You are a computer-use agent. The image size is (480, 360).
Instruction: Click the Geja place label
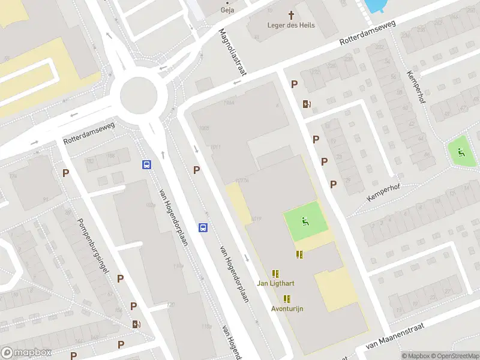[228, 10]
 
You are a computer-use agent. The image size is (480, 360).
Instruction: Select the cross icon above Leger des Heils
[292, 14]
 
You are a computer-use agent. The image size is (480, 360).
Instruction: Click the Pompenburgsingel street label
[92, 246]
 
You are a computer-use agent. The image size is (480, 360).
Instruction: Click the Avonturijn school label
[287, 308]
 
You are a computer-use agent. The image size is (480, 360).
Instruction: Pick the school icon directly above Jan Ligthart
[275, 273]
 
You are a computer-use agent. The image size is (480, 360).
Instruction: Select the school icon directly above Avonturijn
[287, 298]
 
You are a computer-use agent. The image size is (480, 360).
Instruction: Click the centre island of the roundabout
[139, 94]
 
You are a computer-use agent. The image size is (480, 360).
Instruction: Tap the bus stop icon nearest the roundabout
[146, 164]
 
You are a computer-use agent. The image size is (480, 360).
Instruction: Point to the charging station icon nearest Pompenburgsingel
[137, 325]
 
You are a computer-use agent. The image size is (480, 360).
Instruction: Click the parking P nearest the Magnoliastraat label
[294, 85]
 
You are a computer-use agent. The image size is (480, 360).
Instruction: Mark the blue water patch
[373, 5]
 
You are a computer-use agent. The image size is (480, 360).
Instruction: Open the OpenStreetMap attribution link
[454, 356]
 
